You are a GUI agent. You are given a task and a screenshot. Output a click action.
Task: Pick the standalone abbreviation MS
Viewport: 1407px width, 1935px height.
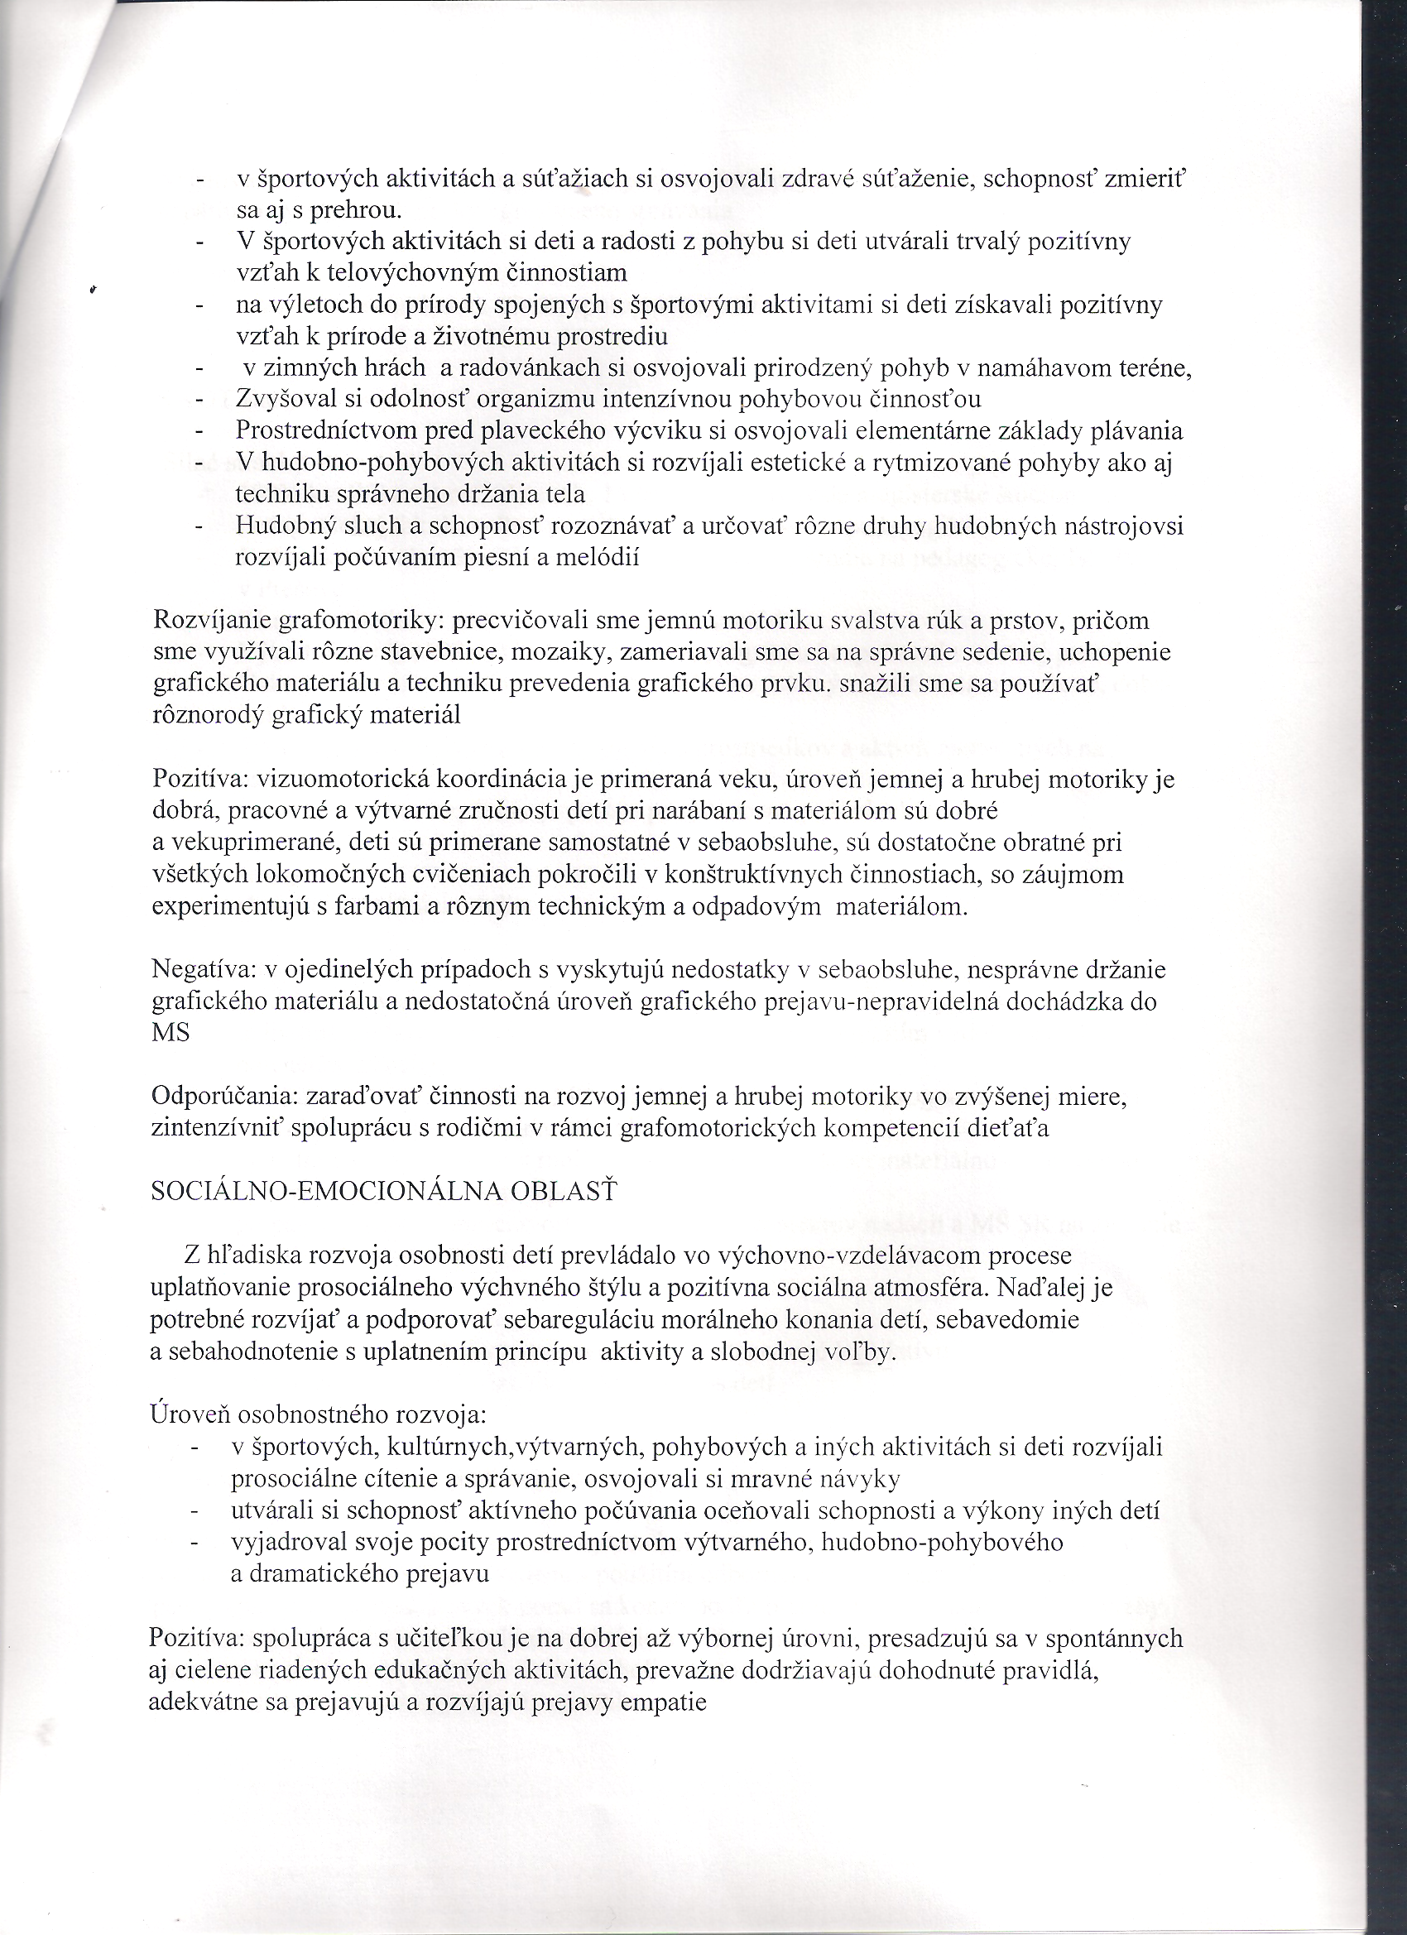tap(170, 1033)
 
